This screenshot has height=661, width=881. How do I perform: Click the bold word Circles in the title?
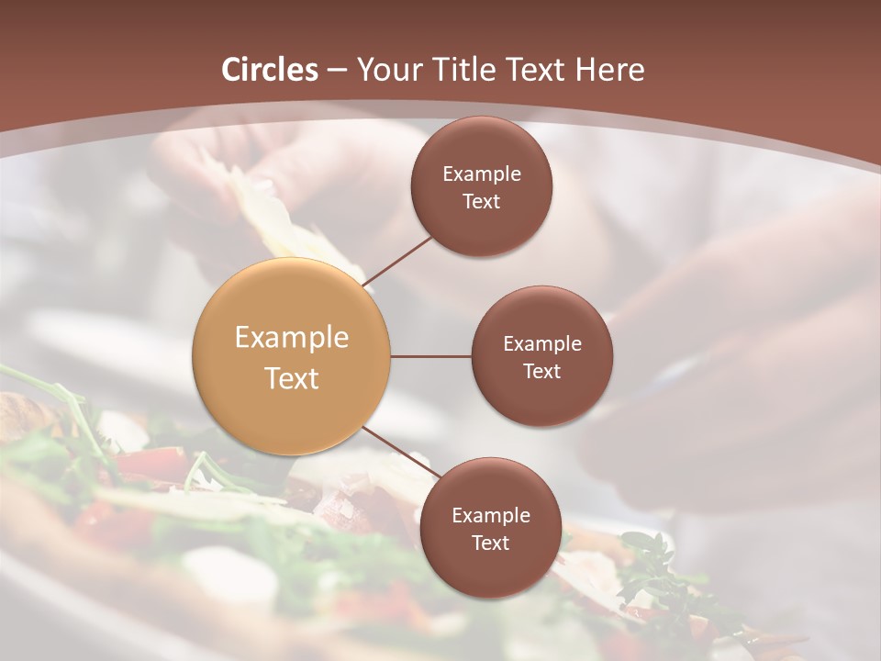pyautogui.click(x=269, y=70)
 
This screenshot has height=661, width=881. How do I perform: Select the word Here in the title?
pyautogui.click(x=609, y=70)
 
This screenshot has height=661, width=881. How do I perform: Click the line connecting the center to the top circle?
pyautogui.click(x=398, y=260)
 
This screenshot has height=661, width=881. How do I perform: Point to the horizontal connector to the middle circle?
pyautogui.click(x=431, y=356)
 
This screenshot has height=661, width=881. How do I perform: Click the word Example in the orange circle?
pyautogui.click(x=292, y=338)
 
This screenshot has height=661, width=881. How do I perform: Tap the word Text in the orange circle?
pyautogui.click(x=292, y=378)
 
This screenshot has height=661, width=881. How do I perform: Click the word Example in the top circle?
pyautogui.click(x=482, y=174)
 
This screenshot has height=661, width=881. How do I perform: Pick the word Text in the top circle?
pyautogui.click(x=482, y=201)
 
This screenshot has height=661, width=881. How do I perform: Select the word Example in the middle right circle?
pyautogui.click(x=542, y=344)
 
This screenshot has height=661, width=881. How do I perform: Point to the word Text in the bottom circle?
pyautogui.click(x=490, y=543)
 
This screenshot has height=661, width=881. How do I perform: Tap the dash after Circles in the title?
pyautogui.click(x=336, y=71)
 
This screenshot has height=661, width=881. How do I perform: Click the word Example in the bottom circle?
pyautogui.click(x=490, y=515)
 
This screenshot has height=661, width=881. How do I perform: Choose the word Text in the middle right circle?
pyautogui.click(x=542, y=371)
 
